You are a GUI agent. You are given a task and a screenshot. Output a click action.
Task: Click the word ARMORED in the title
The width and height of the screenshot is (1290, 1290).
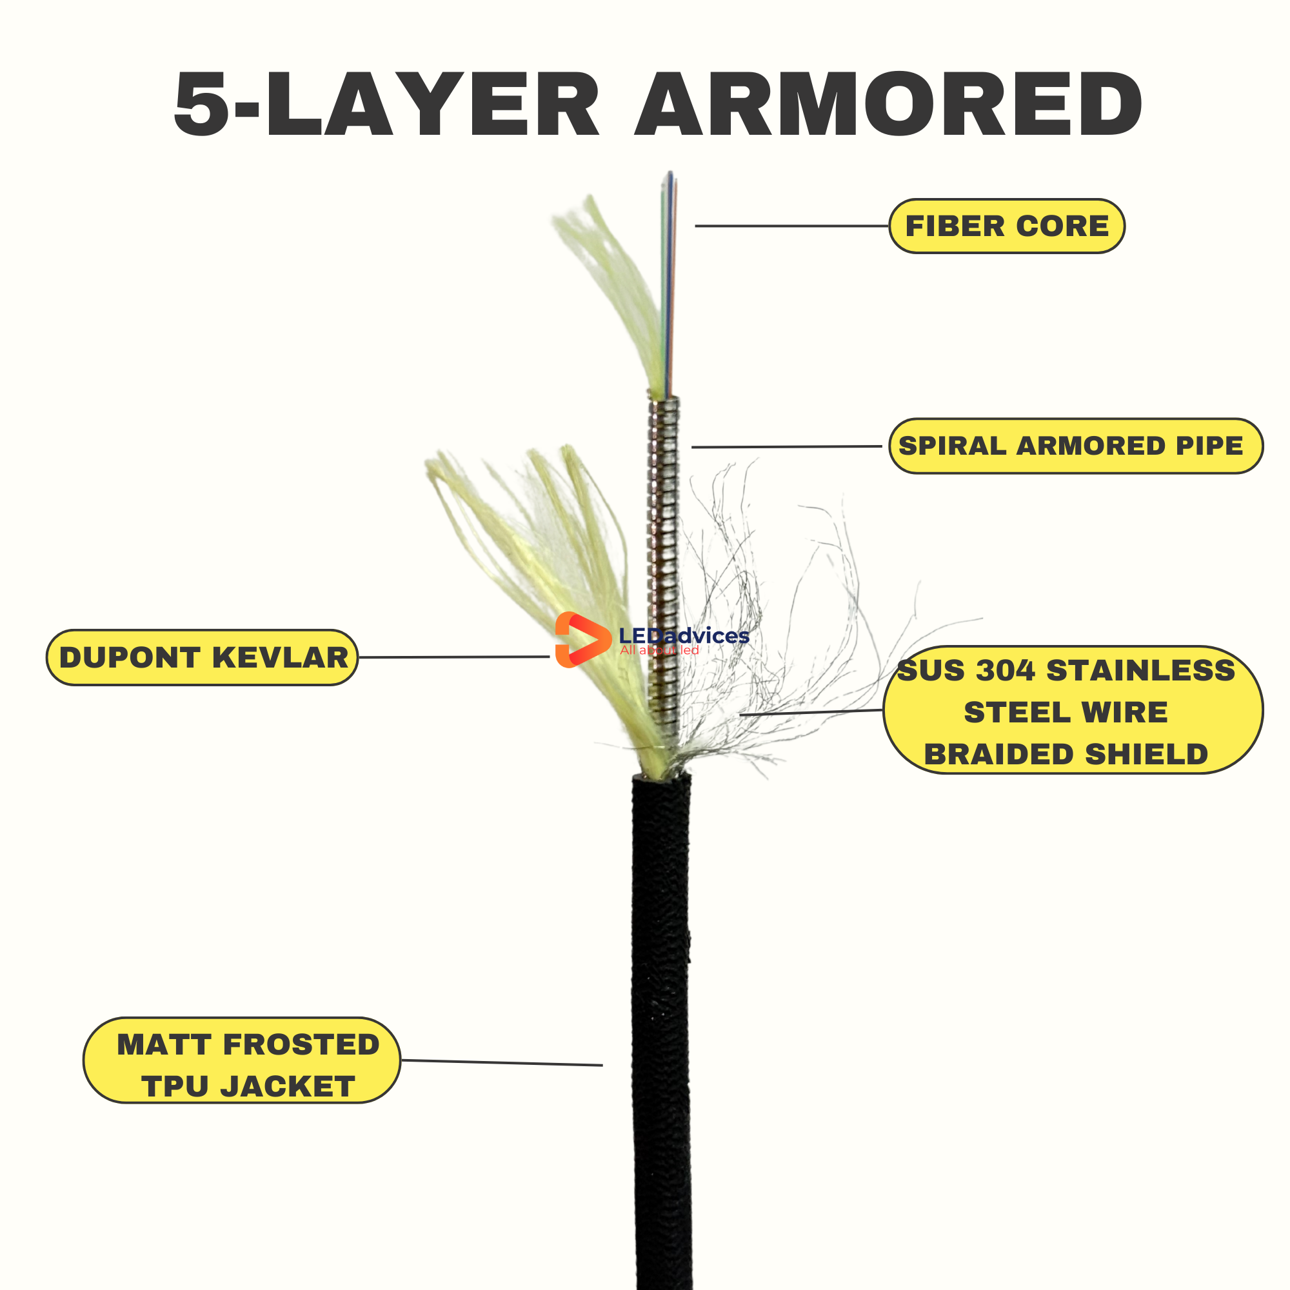(888, 105)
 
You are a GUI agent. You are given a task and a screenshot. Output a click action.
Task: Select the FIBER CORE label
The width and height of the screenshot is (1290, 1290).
(1006, 226)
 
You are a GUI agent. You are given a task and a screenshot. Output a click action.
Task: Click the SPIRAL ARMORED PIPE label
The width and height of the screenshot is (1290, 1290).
(1076, 446)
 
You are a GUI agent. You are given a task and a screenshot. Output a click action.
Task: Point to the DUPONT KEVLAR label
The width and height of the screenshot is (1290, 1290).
(203, 657)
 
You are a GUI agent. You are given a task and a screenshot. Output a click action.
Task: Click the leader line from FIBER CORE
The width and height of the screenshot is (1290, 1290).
(791, 226)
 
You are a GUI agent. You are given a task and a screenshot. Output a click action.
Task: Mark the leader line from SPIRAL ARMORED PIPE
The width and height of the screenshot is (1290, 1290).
(786, 447)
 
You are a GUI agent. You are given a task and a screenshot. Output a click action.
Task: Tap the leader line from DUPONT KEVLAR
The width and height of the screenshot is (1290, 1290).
(454, 657)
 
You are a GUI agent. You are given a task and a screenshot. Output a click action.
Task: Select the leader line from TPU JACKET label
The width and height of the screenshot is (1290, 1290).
(501, 1062)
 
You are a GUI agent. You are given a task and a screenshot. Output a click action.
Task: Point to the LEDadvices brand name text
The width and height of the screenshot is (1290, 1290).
(684, 636)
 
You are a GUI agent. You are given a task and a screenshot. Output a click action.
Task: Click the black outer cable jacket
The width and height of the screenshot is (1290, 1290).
(661, 1002)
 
